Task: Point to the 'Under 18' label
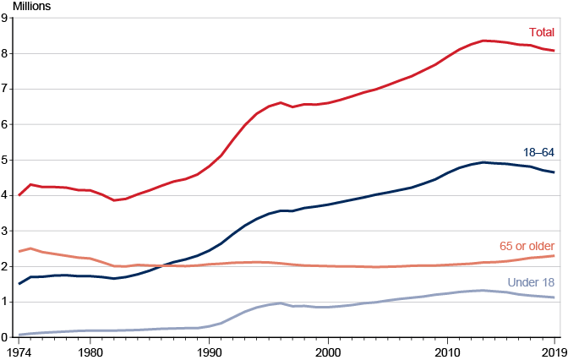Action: [x=531, y=281]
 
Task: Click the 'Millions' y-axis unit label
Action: [x=31, y=6]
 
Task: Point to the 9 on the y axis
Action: [x=6, y=19]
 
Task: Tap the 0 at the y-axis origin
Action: [x=6, y=336]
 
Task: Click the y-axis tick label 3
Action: [x=6, y=231]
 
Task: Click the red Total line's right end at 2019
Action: [x=554, y=51]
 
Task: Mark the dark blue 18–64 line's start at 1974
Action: [x=19, y=283]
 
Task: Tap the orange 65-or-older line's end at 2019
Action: [x=554, y=255]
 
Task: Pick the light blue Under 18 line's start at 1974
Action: [x=19, y=335]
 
